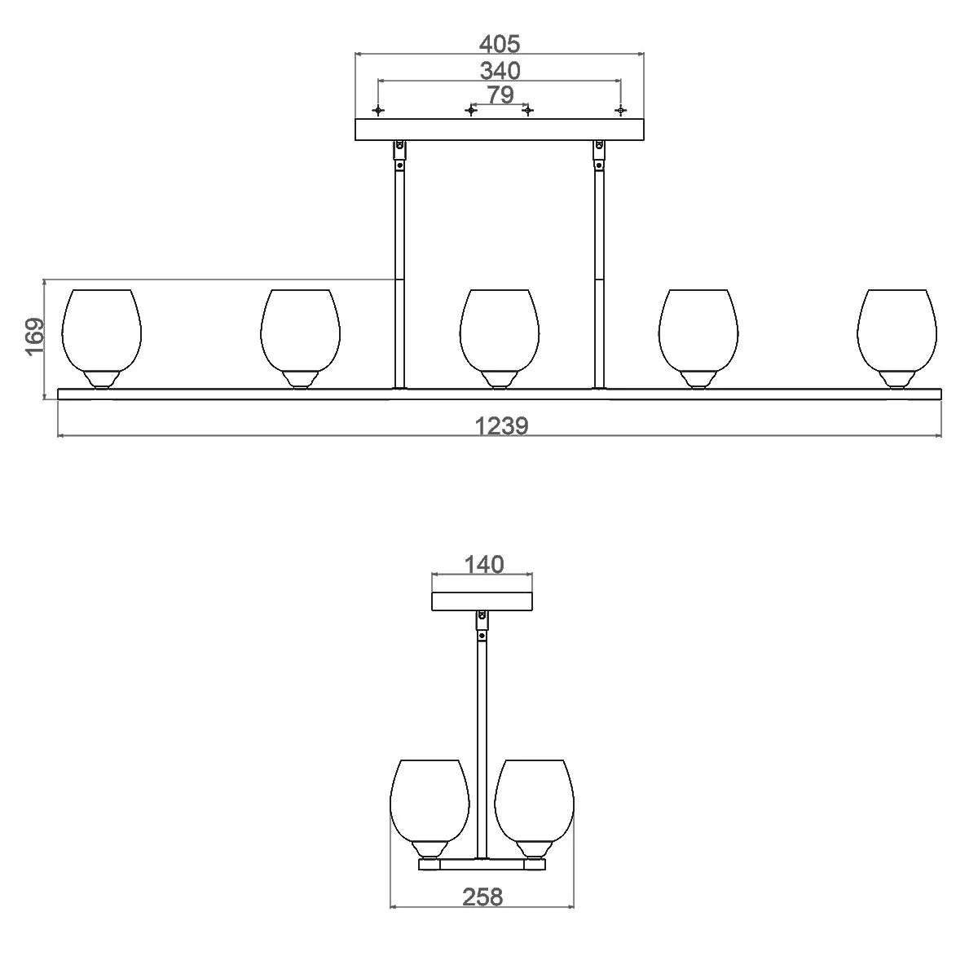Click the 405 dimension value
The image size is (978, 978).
pyautogui.click(x=500, y=44)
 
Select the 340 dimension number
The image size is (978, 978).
pyautogui.click(x=500, y=71)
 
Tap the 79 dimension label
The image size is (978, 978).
pyautogui.click(x=500, y=95)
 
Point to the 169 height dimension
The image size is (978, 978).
pyautogui.click(x=34, y=337)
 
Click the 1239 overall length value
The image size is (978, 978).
pyautogui.click(x=501, y=425)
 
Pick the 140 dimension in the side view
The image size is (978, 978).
pyautogui.click(x=483, y=564)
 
